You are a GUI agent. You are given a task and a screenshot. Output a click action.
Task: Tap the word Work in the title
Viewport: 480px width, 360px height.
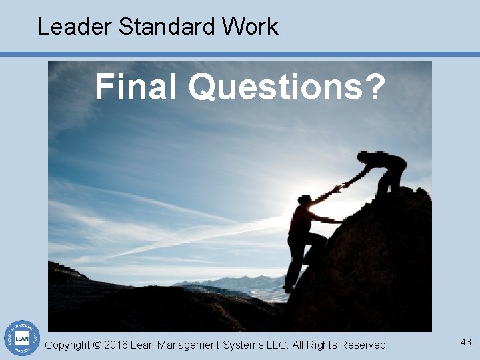250,27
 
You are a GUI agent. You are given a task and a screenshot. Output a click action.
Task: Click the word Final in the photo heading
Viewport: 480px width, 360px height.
137,87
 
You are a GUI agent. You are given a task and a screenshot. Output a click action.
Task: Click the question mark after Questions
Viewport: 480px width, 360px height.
375,87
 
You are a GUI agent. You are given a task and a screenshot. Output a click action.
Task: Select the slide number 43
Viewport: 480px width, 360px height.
465,342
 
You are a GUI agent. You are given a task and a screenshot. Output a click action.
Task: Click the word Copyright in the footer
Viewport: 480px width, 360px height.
67,345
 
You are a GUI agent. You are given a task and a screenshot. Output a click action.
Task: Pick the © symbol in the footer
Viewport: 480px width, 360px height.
97,345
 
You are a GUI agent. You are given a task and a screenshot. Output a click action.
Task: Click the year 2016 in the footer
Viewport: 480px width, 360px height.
116,345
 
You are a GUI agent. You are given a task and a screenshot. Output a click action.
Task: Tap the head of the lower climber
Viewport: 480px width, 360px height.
304,200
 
